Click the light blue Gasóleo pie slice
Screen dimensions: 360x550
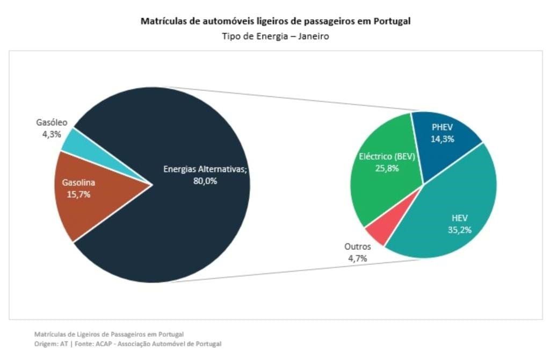tap(73, 141)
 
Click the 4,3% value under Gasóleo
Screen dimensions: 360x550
tap(52, 134)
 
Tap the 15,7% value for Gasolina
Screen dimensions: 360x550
tap(78, 195)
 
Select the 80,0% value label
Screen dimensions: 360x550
tap(205, 181)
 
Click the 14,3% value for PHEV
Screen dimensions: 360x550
tap(443, 139)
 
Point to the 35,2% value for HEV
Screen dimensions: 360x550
tap(460, 229)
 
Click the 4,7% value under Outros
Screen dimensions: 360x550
tap(357, 258)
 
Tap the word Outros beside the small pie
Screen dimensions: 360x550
tap(357, 247)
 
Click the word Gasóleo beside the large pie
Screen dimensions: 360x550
tap(52, 123)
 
